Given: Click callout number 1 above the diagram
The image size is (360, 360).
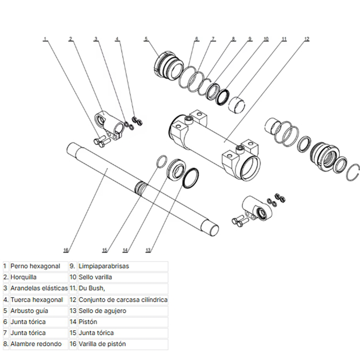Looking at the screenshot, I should pyautogui.click(x=45, y=39).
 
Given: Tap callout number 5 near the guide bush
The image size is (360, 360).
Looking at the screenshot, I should pyautogui.click(x=146, y=39).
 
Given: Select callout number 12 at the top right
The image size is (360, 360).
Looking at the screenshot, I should pyautogui.click(x=306, y=39).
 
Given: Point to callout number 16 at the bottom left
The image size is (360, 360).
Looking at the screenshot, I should pyautogui.click(x=66, y=250).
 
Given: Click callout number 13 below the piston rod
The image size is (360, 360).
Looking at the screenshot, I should pyautogui.click(x=148, y=250).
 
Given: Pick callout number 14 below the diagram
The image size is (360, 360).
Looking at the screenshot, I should pyautogui.click(x=126, y=250).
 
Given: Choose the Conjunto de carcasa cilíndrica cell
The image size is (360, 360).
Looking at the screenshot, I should pyautogui.click(x=123, y=299).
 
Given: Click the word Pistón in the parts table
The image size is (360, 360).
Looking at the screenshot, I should pyautogui.click(x=88, y=322).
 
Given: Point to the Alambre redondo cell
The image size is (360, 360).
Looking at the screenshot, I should pyautogui.click(x=34, y=344).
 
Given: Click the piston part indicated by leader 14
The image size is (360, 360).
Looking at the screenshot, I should pyautogui.click(x=175, y=169).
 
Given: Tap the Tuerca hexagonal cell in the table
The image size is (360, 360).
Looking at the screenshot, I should pyautogui.click(x=36, y=299).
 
